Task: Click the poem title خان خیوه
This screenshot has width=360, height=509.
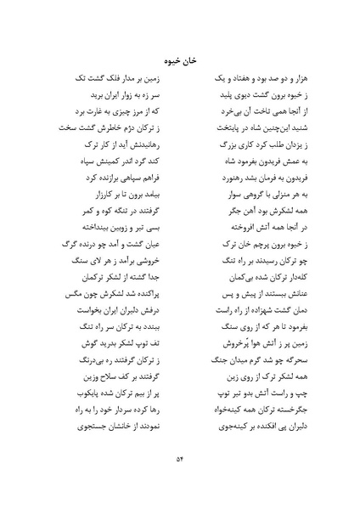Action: (179, 60)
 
